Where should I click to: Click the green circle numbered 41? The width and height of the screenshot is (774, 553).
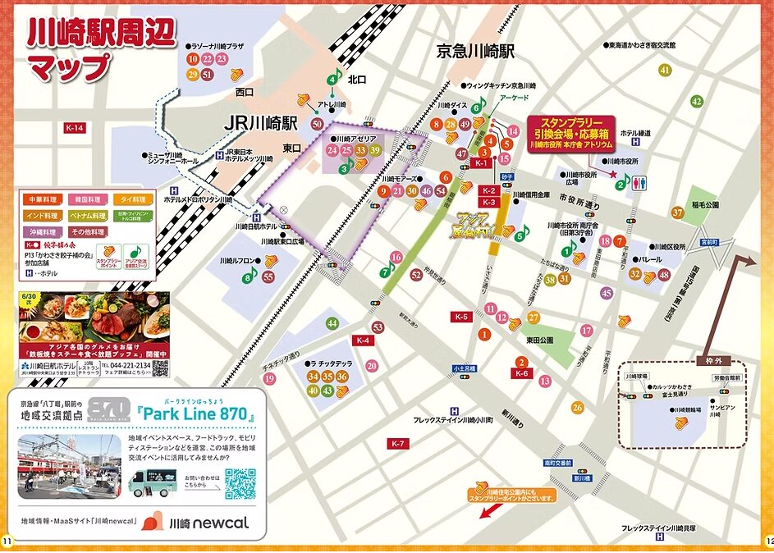coord(663,70)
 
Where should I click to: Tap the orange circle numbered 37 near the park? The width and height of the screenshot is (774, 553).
coord(677,213)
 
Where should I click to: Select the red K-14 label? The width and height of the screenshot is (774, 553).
coord(75,128)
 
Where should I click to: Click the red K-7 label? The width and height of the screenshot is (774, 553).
coord(397,444)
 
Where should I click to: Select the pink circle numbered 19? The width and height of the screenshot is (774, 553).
coord(269,378)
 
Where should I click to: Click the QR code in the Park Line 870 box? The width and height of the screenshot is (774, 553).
coord(240,483)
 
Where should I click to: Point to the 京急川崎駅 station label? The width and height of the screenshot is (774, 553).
coord(475,51)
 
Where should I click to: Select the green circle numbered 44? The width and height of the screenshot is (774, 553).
coord(332,323)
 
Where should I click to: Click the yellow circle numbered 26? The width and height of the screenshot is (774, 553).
coord(578,407)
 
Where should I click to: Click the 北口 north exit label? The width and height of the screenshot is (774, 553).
coord(357,80)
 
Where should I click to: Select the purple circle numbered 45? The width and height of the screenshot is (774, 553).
coord(607,293)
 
